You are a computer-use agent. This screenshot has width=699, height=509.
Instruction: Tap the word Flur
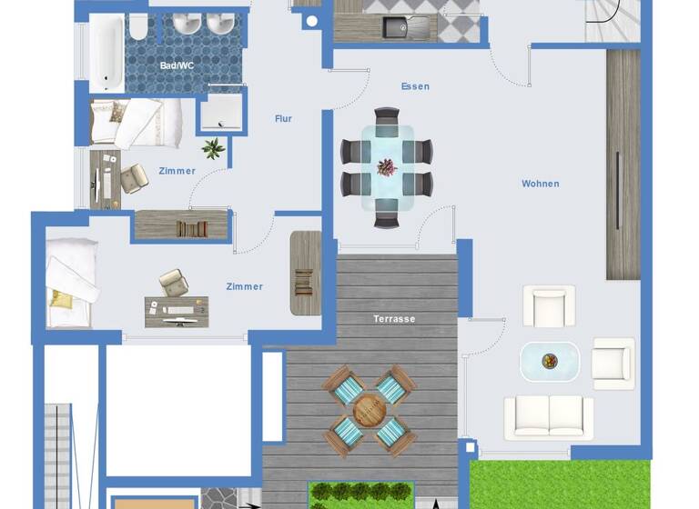283,118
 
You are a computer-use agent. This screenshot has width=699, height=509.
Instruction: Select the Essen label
415,86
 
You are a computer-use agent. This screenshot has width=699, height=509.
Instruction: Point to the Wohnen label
540,184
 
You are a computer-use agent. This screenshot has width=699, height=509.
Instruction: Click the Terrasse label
394,319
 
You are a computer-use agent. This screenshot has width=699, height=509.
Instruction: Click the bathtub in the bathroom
106,52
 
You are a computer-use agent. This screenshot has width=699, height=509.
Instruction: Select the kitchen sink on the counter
397,28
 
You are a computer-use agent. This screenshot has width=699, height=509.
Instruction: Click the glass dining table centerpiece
387,167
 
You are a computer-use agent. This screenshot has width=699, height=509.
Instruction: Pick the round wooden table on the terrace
369,410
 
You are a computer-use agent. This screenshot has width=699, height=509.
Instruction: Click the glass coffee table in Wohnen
549,361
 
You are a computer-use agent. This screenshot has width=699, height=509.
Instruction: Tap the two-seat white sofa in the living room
549,416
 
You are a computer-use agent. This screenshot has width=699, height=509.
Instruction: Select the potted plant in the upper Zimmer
214,148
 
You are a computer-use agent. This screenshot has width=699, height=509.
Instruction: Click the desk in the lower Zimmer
176,312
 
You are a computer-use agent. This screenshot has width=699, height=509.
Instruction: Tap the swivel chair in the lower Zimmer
173,283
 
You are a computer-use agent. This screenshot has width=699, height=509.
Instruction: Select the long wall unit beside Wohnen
623,164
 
